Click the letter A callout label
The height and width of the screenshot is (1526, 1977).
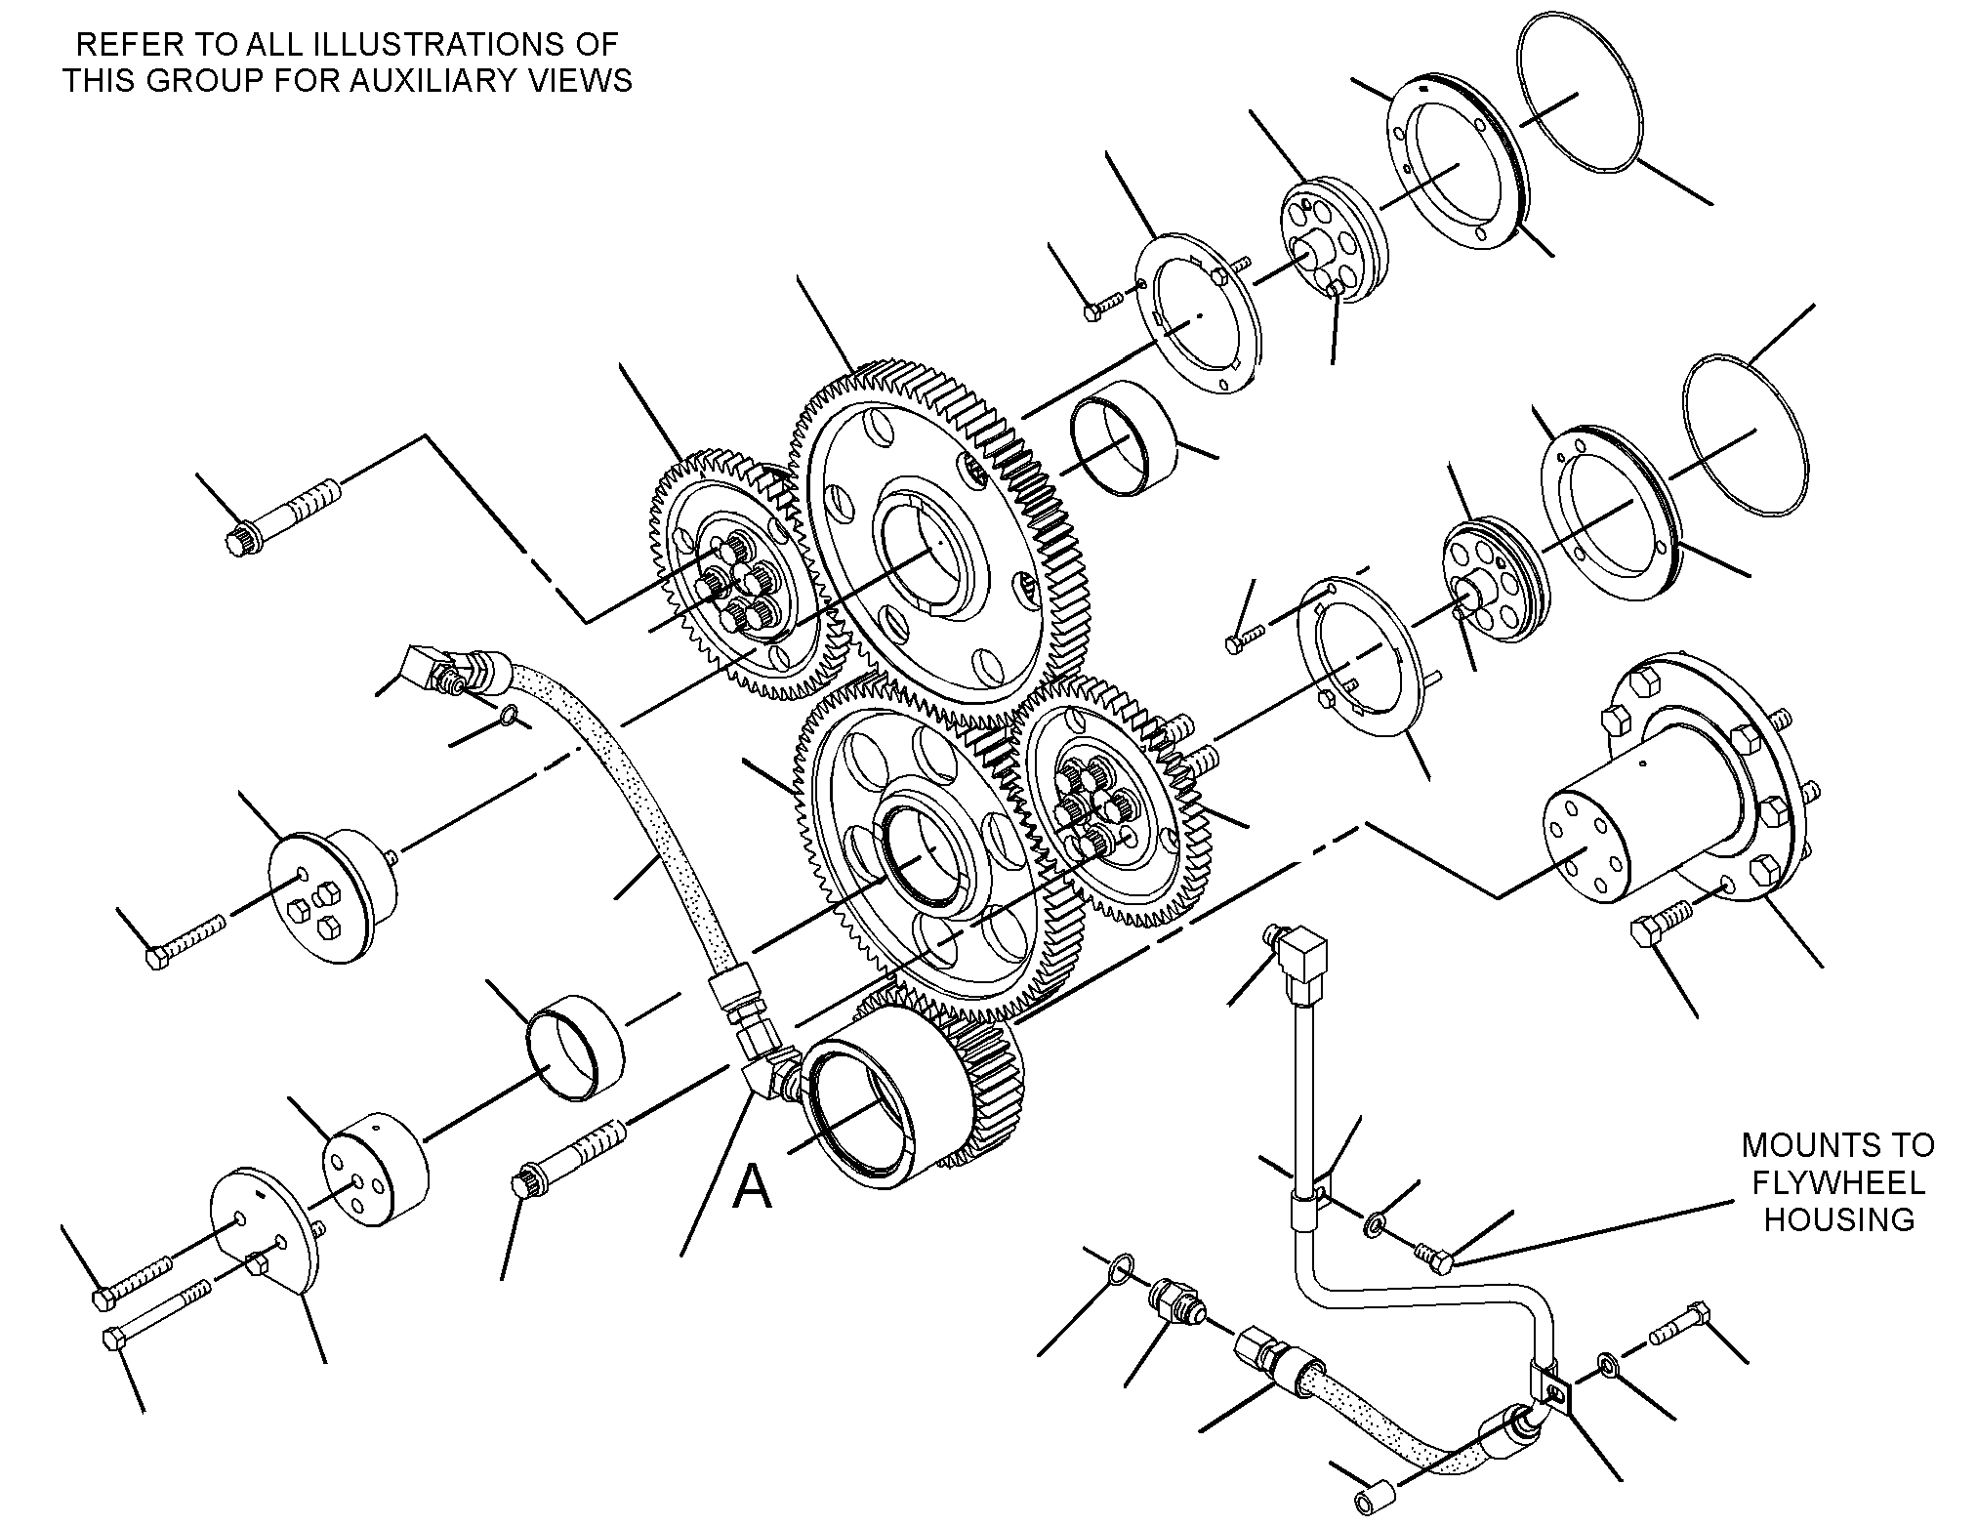[x=753, y=1187]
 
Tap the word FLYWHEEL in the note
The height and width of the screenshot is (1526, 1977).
[x=1838, y=1182]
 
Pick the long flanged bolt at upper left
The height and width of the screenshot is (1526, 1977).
[x=283, y=515]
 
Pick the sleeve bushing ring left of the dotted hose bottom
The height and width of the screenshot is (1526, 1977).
[x=575, y=1048]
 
